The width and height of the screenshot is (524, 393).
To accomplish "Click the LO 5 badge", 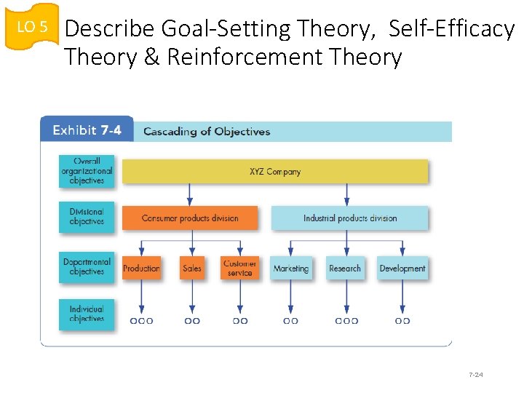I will [x=31, y=27].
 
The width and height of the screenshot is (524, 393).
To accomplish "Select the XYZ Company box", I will [x=275, y=172].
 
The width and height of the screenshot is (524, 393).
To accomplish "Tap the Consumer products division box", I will [x=190, y=218].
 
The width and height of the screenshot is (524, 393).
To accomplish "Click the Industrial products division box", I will [x=350, y=218].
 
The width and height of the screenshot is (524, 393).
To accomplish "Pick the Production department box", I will [x=141, y=268].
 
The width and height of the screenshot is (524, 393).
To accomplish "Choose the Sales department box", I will [x=192, y=268].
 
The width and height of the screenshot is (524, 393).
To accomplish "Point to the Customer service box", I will [x=239, y=268].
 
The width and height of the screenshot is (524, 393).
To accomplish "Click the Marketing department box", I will [x=291, y=268].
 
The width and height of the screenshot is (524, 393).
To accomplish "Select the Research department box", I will [x=345, y=268].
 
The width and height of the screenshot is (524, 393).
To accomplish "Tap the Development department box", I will [x=402, y=268].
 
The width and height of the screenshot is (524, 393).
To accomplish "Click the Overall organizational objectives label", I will [x=87, y=171].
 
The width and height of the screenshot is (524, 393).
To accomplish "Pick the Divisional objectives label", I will [x=87, y=217].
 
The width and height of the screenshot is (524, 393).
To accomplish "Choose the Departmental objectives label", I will [x=87, y=267].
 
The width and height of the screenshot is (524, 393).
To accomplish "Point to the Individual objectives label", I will [x=87, y=314].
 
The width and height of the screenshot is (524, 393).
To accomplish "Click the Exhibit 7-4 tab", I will [x=87, y=131].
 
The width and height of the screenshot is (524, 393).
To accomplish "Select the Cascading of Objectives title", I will [x=207, y=132].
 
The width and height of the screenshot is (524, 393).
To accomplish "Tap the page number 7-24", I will [x=476, y=375].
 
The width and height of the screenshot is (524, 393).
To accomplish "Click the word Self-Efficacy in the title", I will [x=451, y=29].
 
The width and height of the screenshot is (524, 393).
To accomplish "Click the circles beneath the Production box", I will [x=141, y=320].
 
